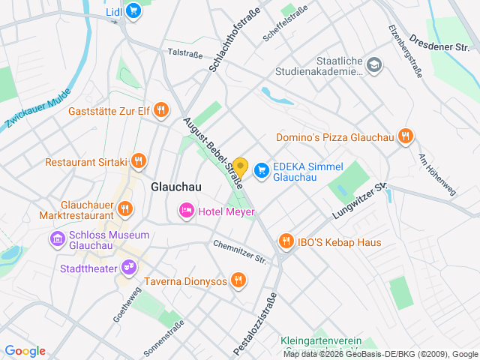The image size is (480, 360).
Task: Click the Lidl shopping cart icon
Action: tap(133, 10)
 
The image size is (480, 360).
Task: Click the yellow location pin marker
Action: tap(240, 166)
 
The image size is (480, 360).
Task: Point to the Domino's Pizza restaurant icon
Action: tap(405, 136)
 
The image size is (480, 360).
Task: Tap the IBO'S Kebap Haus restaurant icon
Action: tap(286, 241)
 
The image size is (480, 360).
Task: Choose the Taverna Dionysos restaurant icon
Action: tap(238, 280)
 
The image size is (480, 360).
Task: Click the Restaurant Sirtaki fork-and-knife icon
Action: tap(138, 161)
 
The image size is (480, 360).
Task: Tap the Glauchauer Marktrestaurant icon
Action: tap(125, 208)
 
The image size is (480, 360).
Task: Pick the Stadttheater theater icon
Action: tap(129, 266)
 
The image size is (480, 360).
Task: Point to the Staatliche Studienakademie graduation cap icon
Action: tap(374, 66)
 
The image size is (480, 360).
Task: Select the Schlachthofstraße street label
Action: tap(235, 40)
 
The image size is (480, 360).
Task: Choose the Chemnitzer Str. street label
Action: tap(240, 252)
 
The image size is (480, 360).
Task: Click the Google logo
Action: tap(25, 350)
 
